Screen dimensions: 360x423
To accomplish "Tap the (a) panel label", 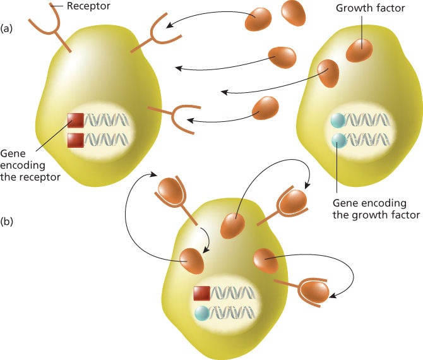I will click(x=8, y=28).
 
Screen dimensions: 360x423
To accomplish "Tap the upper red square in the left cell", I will click(x=76, y=120).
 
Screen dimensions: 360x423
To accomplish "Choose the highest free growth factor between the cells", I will click(x=293, y=13).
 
